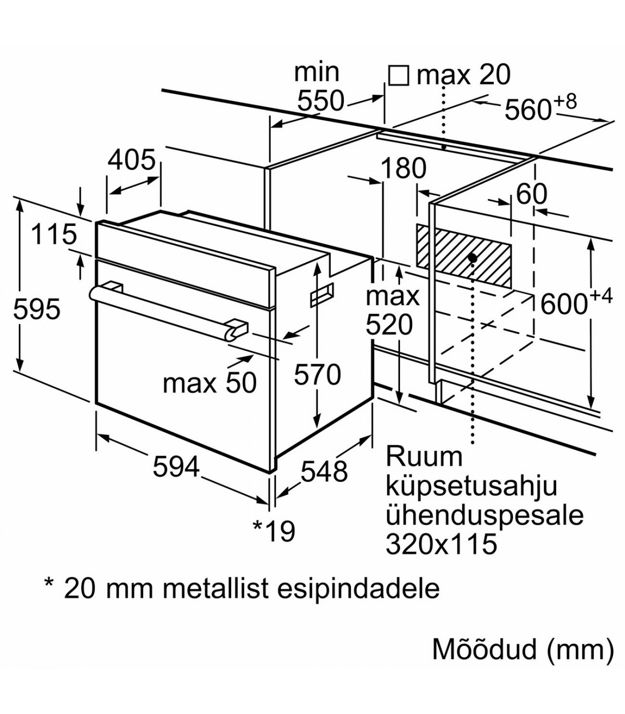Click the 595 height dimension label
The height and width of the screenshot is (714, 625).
tap(37, 310)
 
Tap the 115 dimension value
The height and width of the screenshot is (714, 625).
tap(54, 234)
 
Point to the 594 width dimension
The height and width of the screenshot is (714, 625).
tap(176, 466)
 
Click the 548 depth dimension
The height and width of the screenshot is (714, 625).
tap(324, 471)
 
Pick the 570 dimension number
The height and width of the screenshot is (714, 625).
tap(317, 375)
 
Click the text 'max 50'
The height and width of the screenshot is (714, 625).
tap(210, 384)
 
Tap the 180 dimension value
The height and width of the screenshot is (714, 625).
tap(404, 169)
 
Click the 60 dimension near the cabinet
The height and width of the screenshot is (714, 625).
tap(532, 195)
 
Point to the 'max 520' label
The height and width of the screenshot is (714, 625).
tap(392, 311)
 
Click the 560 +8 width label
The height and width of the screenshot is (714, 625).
tap(541, 107)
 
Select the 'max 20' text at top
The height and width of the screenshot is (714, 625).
tap(464, 75)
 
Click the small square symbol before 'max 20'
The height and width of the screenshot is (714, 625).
tap(398, 75)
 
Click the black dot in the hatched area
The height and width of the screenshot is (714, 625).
tap(472, 258)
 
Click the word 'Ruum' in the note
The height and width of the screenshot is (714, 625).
tap(424, 456)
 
